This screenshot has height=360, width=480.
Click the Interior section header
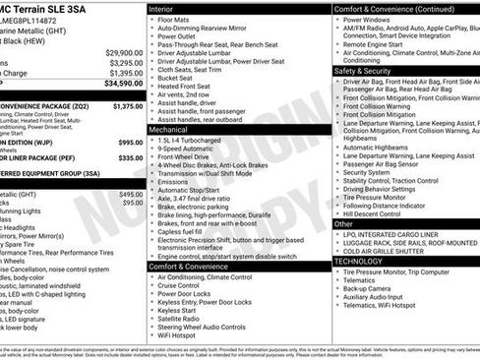point(162,8)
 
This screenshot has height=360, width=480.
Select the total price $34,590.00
point(121,85)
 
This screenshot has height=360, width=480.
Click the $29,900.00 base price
point(124,52)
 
